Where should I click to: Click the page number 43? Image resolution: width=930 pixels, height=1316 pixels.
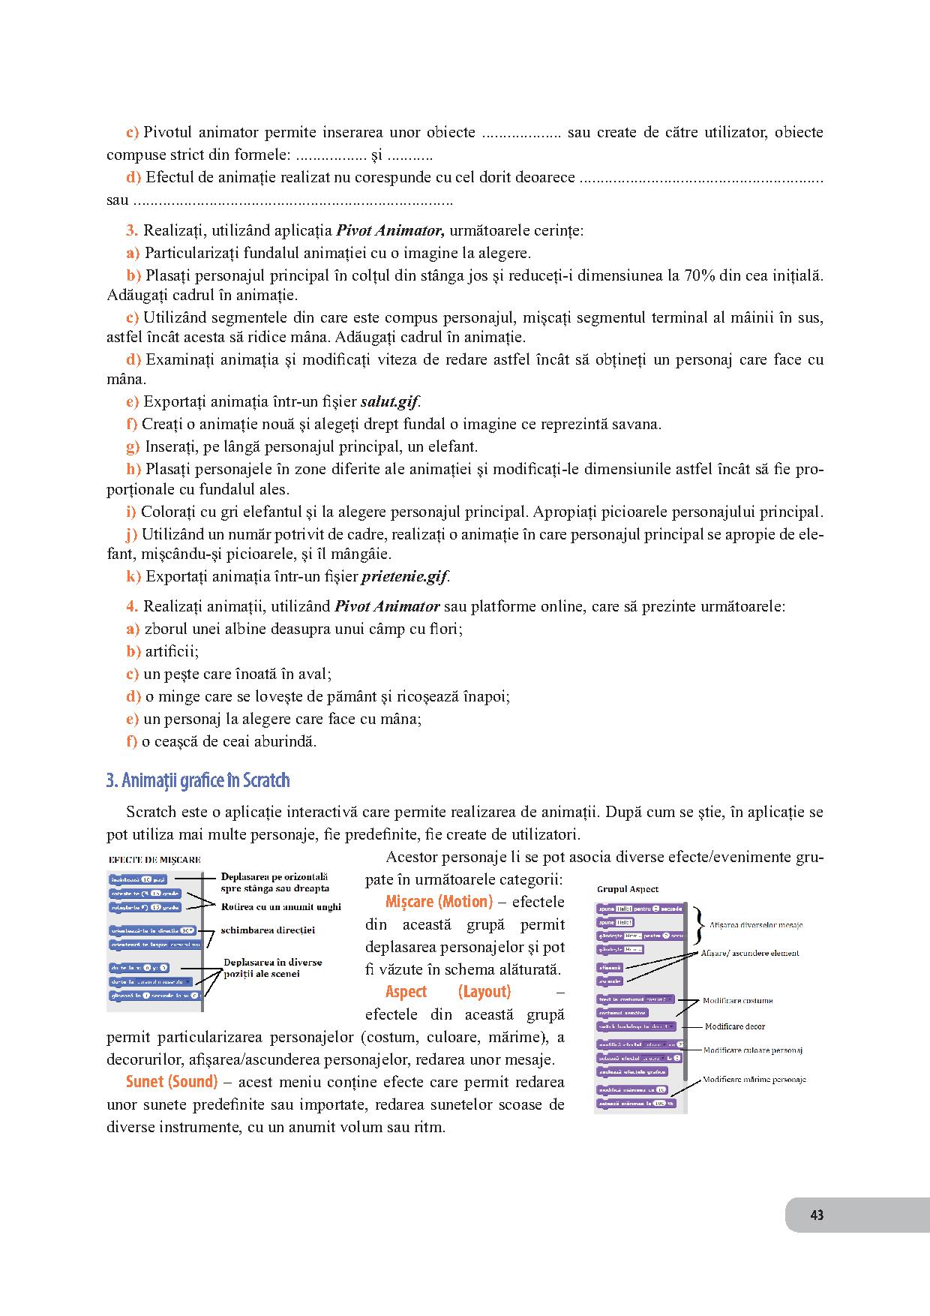(817, 1215)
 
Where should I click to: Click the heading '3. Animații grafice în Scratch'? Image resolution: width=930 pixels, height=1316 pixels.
(198, 781)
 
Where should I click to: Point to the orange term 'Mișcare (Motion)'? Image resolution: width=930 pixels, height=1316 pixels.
(439, 902)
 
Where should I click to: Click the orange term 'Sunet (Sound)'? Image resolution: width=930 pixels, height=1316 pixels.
(172, 1082)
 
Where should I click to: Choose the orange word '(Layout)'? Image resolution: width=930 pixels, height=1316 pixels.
(484, 992)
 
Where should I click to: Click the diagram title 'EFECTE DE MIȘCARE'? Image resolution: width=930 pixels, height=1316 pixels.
(154, 860)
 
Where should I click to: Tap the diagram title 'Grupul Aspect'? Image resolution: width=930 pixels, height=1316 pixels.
(628, 889)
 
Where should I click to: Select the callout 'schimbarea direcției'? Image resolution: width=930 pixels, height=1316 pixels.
(268, 930)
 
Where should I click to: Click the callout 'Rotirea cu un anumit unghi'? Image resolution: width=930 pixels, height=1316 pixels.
(280, 906)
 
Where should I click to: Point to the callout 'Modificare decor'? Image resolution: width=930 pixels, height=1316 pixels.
(735, 1026)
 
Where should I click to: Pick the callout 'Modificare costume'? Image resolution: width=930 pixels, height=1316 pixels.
(738, 1000)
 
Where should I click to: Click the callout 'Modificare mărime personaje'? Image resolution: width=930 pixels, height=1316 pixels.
(754, 1080)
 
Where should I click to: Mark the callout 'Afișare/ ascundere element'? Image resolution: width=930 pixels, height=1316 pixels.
(750, 953)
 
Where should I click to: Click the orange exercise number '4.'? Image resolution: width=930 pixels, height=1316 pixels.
(132, 606)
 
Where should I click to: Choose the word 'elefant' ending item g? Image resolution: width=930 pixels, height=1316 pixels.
(454, 447)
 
